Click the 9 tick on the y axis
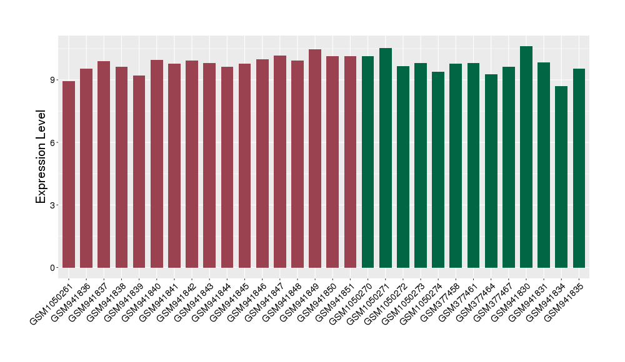tap(54, 80)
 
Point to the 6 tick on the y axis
tap(54, 142)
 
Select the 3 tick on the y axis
tap(54, 205)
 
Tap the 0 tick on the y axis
tap(54, 268)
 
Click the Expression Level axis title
tap(41, 157)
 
